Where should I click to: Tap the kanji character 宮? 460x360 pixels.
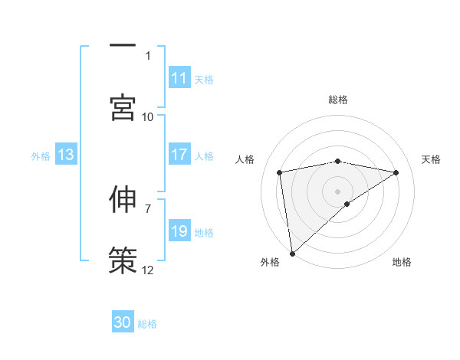[x=123, y=107]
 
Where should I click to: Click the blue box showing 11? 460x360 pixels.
[x=179, y=78]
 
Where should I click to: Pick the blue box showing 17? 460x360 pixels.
[x=179, y=155]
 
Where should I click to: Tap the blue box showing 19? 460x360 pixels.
[x=179, y=231]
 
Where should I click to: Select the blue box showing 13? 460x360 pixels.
[x=66, y=155]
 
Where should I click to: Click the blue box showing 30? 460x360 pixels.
[x=123, y=322]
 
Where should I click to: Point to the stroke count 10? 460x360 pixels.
[x=148, y=116]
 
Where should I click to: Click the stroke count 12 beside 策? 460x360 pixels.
[x=148, y=270]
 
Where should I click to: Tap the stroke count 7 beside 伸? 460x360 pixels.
[x=148, y=208]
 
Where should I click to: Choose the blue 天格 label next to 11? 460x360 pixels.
[x=204, y=79]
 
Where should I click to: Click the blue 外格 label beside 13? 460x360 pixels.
[x=41, y=155]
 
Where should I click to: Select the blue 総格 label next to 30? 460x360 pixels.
[x=147, y=323]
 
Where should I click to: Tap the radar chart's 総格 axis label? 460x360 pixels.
[x=338, y=100]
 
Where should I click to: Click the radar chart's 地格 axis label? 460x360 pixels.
[x=402, y=262]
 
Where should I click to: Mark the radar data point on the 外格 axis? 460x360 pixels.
[x=291, y=253]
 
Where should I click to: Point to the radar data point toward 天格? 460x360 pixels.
[x=396, y=172]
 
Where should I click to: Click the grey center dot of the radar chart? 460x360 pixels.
[x=338, y=190]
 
